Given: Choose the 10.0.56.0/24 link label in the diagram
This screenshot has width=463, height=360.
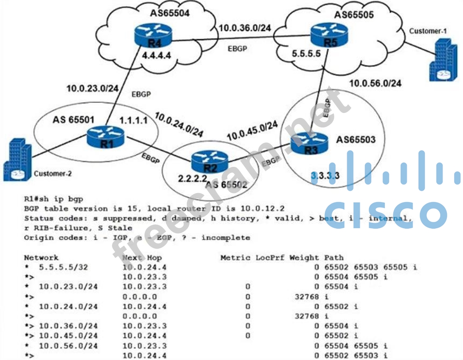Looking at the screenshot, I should pos(375,83).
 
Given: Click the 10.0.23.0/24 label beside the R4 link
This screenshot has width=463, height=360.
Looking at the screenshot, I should pos(92,88).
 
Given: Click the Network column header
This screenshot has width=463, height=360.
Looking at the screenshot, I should pos(41,258).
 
